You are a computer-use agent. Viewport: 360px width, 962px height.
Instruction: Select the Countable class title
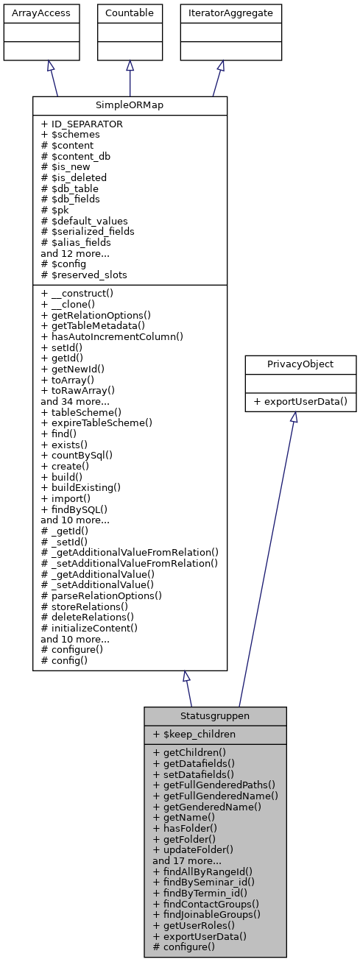click(130, 13)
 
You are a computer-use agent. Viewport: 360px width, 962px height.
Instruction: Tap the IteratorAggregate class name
click(221, 13)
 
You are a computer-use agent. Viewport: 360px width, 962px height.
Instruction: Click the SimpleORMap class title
click(130, 105)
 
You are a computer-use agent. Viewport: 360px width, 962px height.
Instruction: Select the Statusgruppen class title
click(215, 715)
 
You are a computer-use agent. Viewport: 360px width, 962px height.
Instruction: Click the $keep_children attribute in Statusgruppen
click(195, 734)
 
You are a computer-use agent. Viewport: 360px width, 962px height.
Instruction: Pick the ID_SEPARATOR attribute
click(82, 124)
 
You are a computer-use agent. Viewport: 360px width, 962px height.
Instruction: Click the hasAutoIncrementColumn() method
click(112, 336)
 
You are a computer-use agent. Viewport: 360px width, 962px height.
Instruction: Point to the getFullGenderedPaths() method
click(214, 785)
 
